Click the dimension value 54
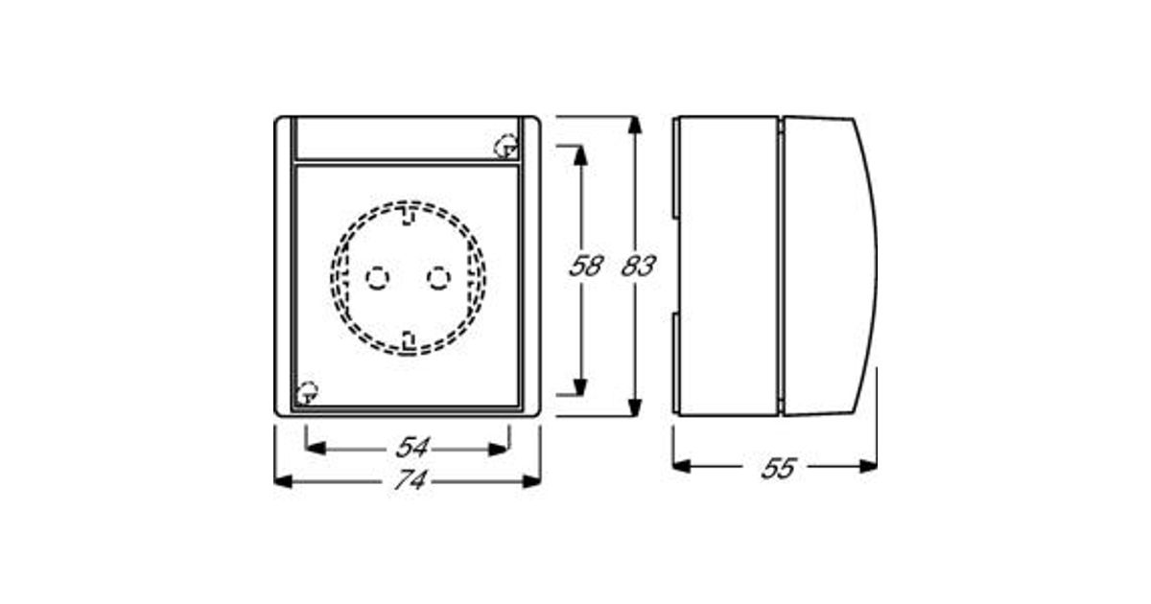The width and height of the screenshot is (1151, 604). (412, 448)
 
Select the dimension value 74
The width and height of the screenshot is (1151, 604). (411, 480)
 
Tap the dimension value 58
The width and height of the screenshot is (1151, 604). (586, 267)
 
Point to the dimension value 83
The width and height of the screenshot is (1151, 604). (639, 267)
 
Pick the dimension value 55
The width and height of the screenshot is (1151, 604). (779, 468)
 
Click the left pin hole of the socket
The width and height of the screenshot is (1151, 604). (378, 278)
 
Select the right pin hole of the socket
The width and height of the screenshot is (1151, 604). (439, 278)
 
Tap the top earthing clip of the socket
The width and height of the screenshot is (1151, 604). (408, 215)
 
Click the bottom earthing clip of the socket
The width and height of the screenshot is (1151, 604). (409, 341)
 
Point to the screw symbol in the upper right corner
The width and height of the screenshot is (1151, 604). (505, 146)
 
